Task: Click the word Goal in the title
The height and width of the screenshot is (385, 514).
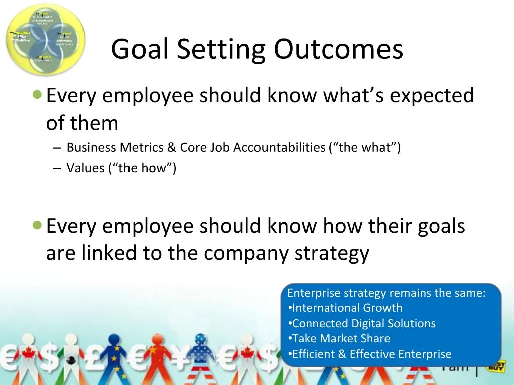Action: pos(140,50)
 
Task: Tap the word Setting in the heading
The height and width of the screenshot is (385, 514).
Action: pos(220,50)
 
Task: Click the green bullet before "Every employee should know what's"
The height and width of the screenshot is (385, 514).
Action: pos(37,94)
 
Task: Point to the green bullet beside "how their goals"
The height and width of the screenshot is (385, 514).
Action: pos(37,225)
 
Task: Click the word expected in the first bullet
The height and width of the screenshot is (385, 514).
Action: pos(432,95)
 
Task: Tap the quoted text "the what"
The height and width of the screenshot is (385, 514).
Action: pos(364,147)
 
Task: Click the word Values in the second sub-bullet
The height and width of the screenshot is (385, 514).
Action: pos(85,168)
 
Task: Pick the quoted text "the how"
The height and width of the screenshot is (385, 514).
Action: pos(142,168)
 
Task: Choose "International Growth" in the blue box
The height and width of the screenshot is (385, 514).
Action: pos(347,308)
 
